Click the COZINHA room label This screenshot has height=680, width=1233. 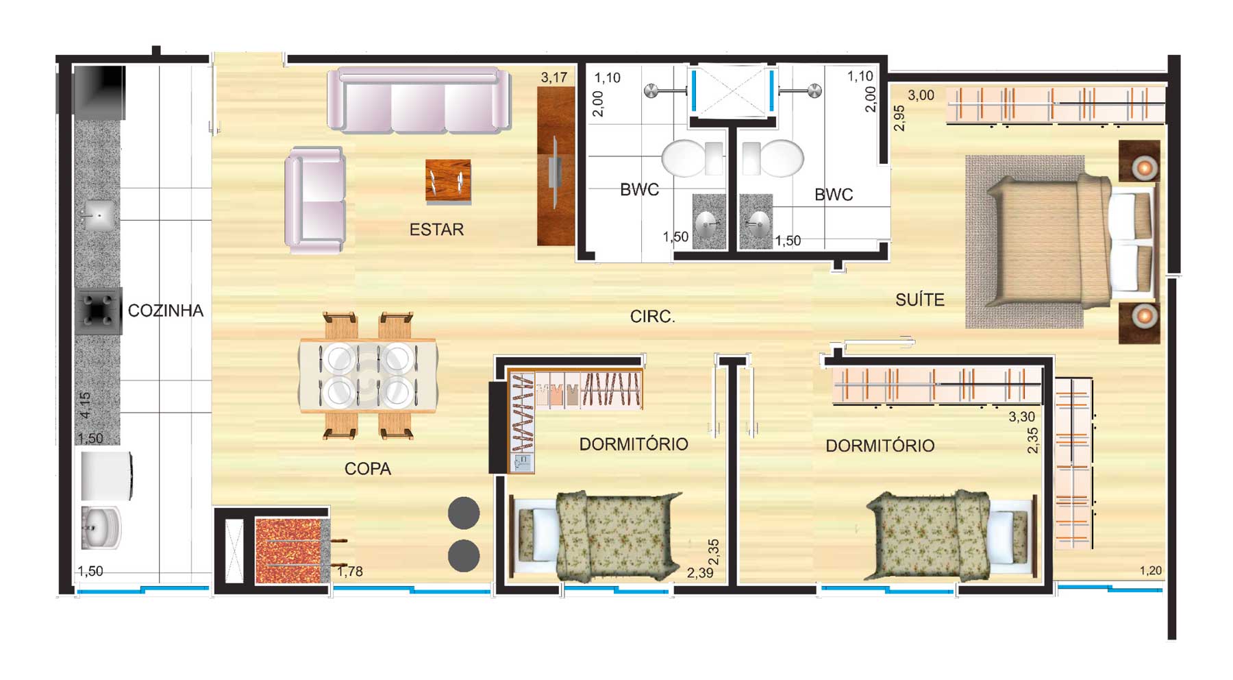pos(166,311)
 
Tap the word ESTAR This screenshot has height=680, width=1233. pos(436,230)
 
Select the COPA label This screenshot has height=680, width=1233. pos(368,469)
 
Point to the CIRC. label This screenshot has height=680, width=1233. pos(653,317)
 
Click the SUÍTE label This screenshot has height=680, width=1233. pos(920,300)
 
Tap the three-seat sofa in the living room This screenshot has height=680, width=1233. pos(419,100)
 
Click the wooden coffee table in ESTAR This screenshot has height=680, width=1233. pos(448,182)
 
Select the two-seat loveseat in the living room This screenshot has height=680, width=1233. pos(315,199)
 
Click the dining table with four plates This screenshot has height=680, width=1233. pos(368,376)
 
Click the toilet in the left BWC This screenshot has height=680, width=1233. pos(692,158)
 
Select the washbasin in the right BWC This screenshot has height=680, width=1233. pos(757,221)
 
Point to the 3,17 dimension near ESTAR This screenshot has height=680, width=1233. pos(554,77)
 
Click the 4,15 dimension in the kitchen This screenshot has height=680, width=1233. pos(85,405)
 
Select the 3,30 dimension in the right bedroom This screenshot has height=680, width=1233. pos(1022,417)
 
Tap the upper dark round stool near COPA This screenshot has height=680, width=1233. pos(464,513)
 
